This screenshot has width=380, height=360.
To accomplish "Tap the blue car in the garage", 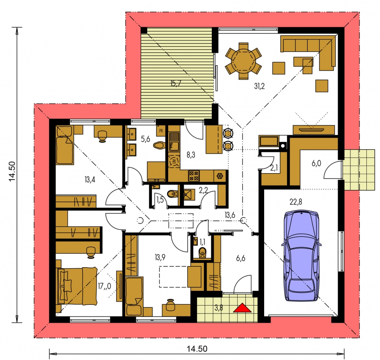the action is pyautogui.click(x=301, y=256).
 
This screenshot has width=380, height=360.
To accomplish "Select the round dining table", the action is pyautogui.click(x=243, y=61).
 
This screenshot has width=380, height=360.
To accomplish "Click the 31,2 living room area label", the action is pyautogui.click(x=259, y=86).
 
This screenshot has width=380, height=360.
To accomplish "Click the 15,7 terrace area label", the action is pyautogui.click(x=176, y=84).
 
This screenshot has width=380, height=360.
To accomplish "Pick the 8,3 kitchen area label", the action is pyautogui.click(x=191, y=155).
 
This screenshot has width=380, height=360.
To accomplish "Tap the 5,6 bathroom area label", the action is pyautogui.click(x=145, y=139).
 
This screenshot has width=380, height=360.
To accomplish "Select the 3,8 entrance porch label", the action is pyautogui.click(x=219, y=308).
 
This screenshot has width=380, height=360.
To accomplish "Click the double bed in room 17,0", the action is pyautogui.click(x=77, y=286).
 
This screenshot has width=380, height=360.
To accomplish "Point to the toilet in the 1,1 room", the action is pyautogui.click(x=202, y=252).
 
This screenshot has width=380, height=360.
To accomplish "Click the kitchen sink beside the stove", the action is pyautogui.click(x=173, y=142).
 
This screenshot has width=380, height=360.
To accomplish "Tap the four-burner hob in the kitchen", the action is pyautogui.click(x=194, y=176).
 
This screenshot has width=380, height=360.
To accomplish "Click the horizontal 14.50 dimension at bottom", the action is pyautogui.click(x=197, y=349).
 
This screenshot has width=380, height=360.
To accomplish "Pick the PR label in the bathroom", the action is pyautogui.click(x=161, y=131).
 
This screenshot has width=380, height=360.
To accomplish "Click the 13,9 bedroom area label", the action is pyautogui.click(x=160, y=257).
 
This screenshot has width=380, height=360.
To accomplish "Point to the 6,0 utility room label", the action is pyautogui.click(x=316, y=164).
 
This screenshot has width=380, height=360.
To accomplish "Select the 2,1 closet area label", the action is pyautogui.click(x=274, y=168).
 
